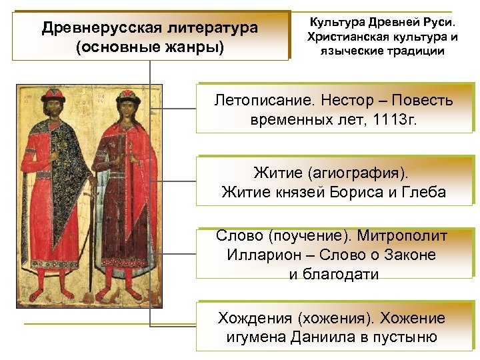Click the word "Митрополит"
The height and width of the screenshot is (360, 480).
click(402, 235)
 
